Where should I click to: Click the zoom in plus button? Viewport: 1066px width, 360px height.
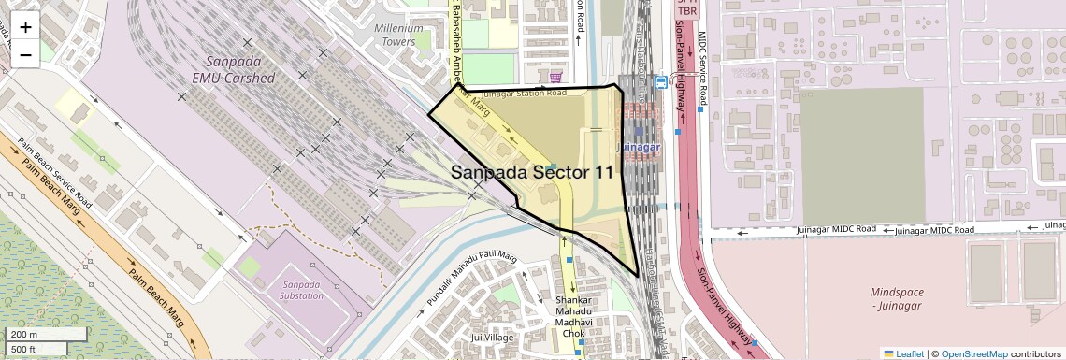(x=25, y=27)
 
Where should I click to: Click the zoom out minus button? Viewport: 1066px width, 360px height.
(x=25, y=54)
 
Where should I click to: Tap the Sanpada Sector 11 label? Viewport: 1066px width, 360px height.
(x=533, y=172)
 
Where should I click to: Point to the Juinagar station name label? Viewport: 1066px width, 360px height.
(x=640, y=148)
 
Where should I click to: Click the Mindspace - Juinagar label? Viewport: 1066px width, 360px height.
(x=895, y=298)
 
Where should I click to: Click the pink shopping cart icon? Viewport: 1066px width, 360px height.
(x=557, y=78)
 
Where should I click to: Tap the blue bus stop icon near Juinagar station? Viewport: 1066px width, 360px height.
(x=662, y=82)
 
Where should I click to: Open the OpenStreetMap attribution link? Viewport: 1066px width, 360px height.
(x=973, y=353)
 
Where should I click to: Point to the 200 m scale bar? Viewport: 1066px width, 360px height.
(x=36, y=335)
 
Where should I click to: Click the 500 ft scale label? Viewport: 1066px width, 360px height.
(x=24, y=350)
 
